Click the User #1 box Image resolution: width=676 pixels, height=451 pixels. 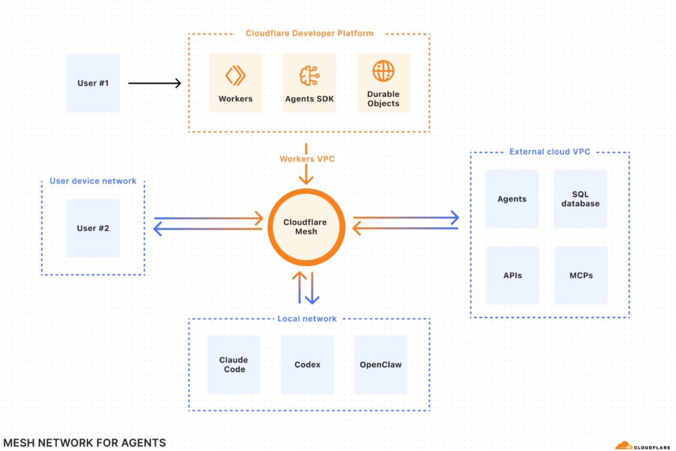[x=93, y=83]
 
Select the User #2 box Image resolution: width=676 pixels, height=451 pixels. [x=93, y=228]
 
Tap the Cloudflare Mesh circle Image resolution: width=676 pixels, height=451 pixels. [x=305, y=227]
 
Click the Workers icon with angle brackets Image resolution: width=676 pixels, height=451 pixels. [x=235, y=76]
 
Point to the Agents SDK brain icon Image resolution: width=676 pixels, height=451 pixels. [x=309, y=76]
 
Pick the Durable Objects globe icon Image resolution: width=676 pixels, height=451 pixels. [x=383, y=71]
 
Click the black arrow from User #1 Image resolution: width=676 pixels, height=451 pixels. [x=154, y=83]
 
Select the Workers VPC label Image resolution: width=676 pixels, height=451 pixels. [x=306, y=159]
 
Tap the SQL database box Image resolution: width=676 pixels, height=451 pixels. [x=580, y=199]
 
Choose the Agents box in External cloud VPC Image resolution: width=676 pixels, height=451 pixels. [x=512, y=199]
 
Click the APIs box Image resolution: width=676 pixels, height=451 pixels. [x=512, y=275]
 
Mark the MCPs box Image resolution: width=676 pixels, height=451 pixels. [x=581, y=275]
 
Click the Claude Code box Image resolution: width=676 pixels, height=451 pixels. [x=234, y=364]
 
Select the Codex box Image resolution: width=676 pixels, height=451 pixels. [x=307, y=364]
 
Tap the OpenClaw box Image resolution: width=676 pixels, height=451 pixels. [x=381, y=364]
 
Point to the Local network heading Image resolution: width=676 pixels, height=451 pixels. [x=307, y=319]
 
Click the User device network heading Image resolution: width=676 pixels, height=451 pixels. [x=93, y=181]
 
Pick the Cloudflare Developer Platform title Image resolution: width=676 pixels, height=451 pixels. [x=309, y=33]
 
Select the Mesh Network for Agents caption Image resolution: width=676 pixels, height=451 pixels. [x=84, y=443]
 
